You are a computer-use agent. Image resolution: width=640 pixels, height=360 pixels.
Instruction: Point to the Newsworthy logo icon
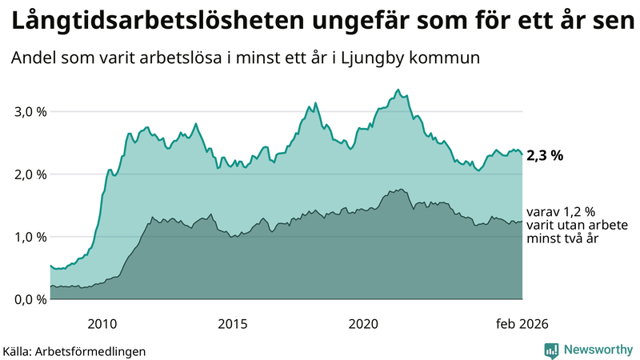(x=552, y=350)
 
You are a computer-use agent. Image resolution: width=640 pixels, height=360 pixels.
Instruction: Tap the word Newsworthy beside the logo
(x=597, y=350)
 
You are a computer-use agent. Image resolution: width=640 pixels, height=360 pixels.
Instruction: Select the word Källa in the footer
(x=18, y=350)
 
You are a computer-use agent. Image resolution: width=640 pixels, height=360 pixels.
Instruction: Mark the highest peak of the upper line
(x=398, y=90)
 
